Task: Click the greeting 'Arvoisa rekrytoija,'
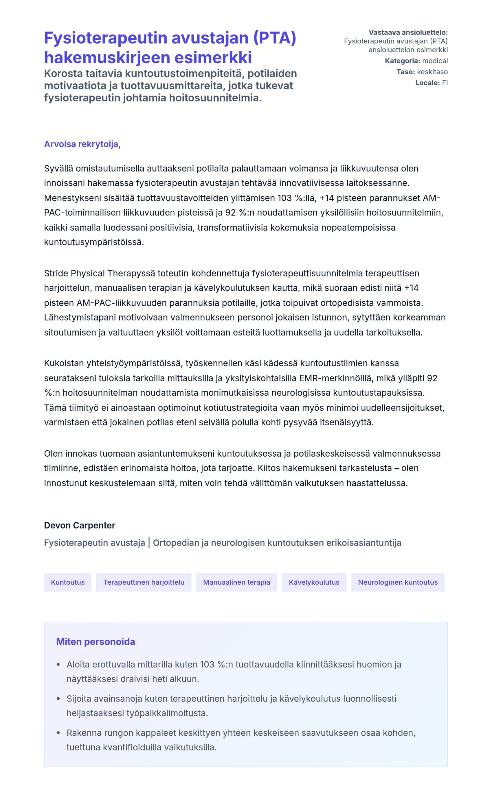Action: [82, 144]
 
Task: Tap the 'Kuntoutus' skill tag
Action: [68, 582]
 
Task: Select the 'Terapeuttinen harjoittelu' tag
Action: [144, 582]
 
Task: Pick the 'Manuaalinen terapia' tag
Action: [236, 582]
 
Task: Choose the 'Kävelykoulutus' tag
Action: [314, 582]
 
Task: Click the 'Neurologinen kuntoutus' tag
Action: [398, 582]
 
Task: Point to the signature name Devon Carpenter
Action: [79, 525]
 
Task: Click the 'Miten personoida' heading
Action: [95, 642]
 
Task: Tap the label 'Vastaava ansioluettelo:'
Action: [408, 32]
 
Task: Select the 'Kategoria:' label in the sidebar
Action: [402, 61]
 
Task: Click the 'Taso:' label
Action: [405, 72]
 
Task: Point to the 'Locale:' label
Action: [427, 83]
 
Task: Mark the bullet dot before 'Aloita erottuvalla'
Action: [58, 664]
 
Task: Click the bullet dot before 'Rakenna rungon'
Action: [58, 733]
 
